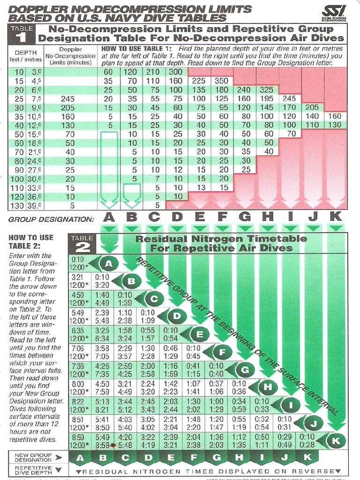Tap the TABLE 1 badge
pyautogui.click(x=21, y=33)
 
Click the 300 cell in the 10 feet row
pyautogui.click(x=176, y=72)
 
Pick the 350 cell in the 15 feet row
pyautogui.click(x=221, y=81)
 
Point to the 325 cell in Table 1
pyautogui.click(x=266, y=90)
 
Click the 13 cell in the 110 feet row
pyautogui.click(x=199, y=187)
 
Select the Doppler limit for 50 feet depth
pyautogui.click(x=70, y=134)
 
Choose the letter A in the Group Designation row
pyautogui.click(x=109, y=217)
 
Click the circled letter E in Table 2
pyautogui.click(x=199, y=334)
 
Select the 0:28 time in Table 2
pyautogui.click(x=307, y=444)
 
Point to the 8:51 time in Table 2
pyautogui.click(x=78, y=420)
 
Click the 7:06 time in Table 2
pyautogui.click(x=78, y=348)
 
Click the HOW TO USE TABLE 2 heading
pyautogui.click(x=31, y=241)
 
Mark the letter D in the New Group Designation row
pyautogui.click(x=149, y=458)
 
